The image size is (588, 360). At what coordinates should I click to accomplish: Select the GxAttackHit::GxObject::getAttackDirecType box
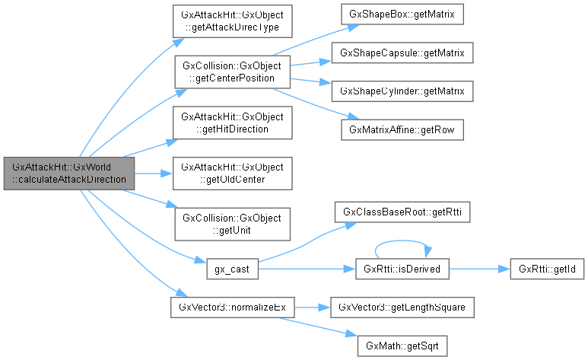pos(232,21)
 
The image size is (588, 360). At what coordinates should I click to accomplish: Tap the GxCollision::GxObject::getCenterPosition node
pos(232,72)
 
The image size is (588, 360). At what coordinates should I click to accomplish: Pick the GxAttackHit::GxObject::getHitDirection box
pos(232,123)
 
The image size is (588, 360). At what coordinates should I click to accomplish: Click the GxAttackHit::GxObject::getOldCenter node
pos(232,174)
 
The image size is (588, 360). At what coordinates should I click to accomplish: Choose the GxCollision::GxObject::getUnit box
pos(232,224)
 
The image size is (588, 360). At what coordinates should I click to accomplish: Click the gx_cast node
pos(232,269)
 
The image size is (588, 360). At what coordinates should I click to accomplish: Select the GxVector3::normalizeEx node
pos(232,307)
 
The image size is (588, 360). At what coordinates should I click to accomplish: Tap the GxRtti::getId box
pos(540,269)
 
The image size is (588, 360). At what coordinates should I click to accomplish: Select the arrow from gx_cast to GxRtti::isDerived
pos(304,269)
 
